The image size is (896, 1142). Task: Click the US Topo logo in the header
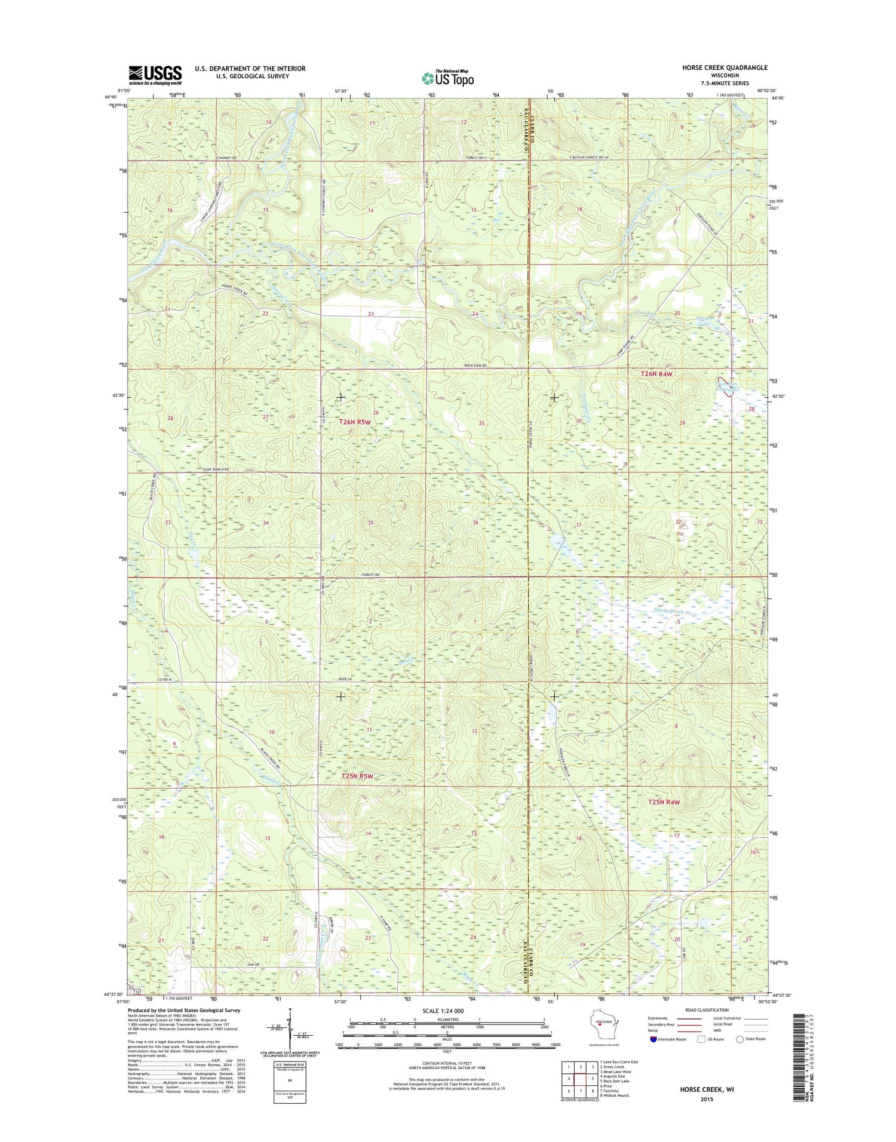pos(448,78)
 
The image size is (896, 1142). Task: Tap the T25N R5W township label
pos(357,776)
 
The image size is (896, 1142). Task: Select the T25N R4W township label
pos(664,802)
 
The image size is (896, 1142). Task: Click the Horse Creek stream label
pos(667,612)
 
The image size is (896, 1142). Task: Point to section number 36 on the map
pos(475,523)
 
